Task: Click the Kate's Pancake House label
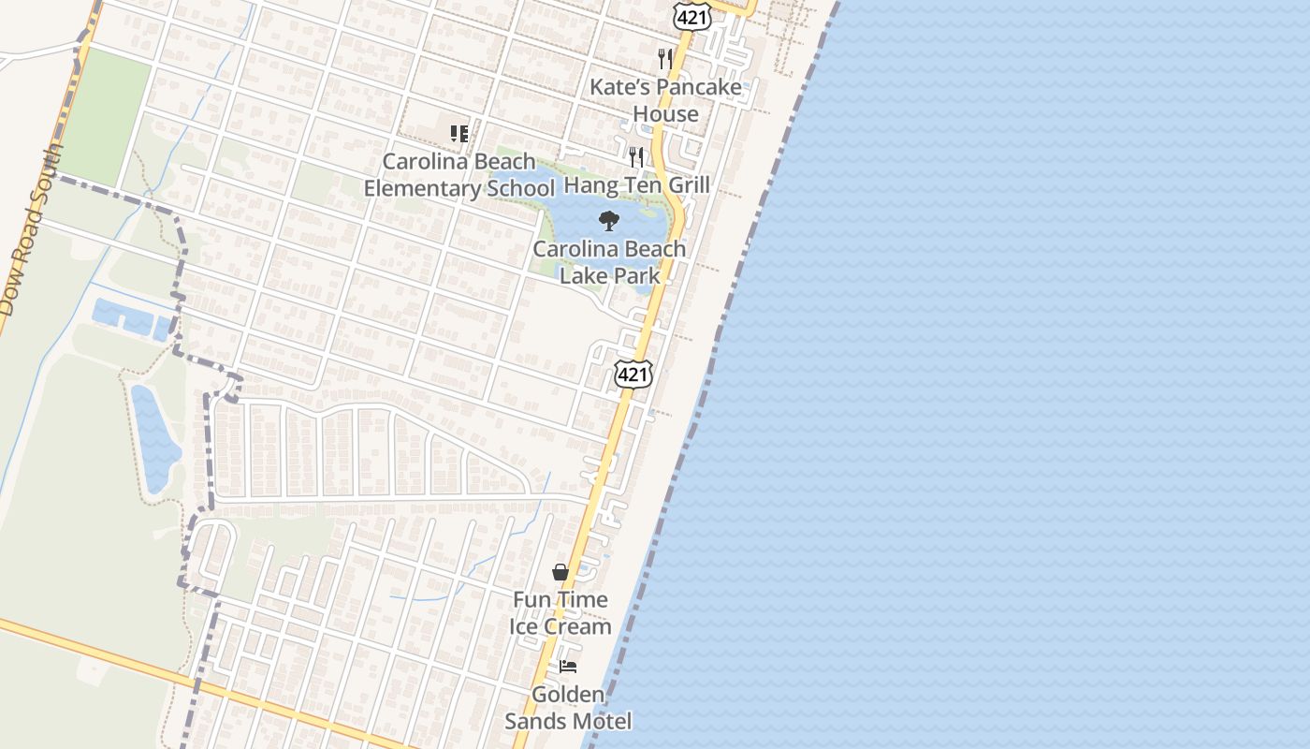click(x=665, y=100)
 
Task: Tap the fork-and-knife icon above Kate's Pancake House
click(x=665, y=58)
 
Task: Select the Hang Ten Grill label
click(x=637, y=184)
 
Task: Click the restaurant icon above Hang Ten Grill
click(x=636, y=156)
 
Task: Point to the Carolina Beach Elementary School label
click(x=458, y=175)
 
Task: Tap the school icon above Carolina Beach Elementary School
click(x=458, y=134)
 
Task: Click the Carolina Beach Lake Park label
click(x=609, y=262)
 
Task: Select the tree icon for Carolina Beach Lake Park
click(x=609, y=221)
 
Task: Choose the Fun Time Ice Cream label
click(x=560, y=613)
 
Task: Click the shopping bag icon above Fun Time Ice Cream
click(x=560, y=571)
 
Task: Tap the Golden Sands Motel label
click(x=568, y=708)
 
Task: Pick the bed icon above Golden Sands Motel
click(x=568, y=667)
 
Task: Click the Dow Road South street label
click(x=29, y=229)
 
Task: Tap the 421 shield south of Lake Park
click(x=633, y=374)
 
